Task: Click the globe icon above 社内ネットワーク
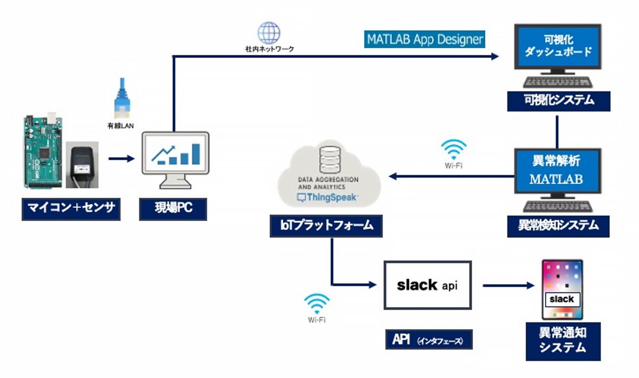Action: [x=268, y=32]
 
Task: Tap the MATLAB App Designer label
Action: [x=425, y=39]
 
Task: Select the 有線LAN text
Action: [x=122, y=126]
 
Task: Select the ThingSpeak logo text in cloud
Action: [x=327, y=197]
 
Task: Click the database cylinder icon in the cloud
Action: [x=327, y=159]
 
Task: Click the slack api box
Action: [x=428, y=285]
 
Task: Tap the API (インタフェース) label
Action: [x=429, y=339]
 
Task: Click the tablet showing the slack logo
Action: [x=562, y=290]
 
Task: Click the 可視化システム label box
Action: [x=558, y=100]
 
